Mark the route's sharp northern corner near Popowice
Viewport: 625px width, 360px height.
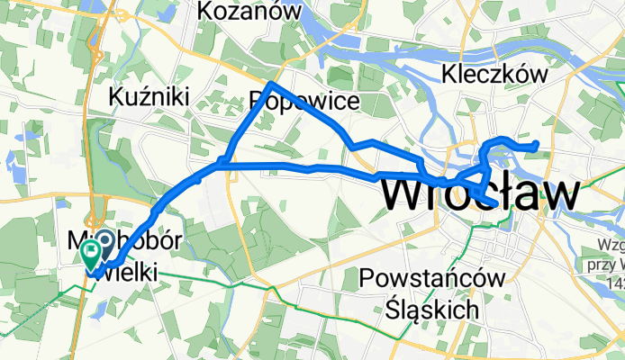[269, 85]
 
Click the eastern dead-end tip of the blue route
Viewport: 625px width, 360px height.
[537, 144]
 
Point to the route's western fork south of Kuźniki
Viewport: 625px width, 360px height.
[221, 164]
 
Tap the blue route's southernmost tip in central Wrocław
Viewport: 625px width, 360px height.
[489, 201]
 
